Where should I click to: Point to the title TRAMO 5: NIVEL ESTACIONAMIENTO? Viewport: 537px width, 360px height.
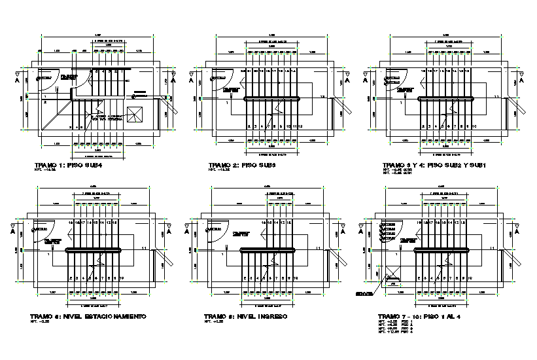click(x=88, y=316)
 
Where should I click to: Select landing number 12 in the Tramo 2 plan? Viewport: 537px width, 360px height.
click(x=322, y=97)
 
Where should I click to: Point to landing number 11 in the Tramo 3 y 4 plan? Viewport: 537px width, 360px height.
click(x=497, y=97)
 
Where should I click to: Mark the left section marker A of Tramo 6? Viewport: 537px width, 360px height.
click(x=188, y=230)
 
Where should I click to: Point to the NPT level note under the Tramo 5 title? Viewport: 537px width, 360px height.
click(x=41, y=323)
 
